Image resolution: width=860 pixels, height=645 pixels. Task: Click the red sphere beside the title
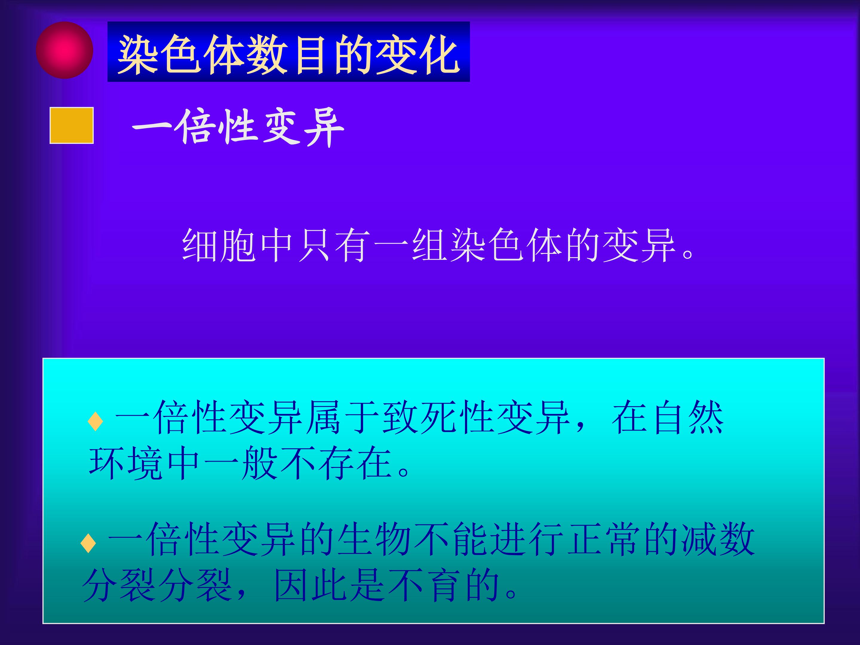(x=64, y=50)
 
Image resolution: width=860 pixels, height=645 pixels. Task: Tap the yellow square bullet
(x=72, y=125)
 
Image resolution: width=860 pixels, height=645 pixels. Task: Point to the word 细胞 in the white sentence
(x=219, y=246)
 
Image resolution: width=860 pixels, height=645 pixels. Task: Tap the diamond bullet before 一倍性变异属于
(x=95, y=421)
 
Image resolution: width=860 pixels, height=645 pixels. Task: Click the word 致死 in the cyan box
(x=420, y=417)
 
